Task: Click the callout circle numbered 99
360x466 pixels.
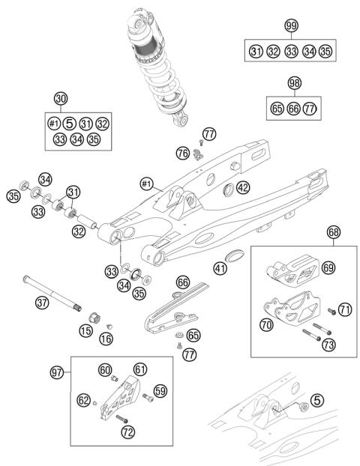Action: [291, 26]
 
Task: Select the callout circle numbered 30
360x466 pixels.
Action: [61, 98]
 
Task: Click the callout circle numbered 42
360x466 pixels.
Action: [243, 188]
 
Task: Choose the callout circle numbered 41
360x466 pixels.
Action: [219, 267]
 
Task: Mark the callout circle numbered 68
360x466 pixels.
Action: [333, 232]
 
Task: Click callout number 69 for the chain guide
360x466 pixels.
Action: [327, 267]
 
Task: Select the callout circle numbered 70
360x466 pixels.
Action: [267, 325]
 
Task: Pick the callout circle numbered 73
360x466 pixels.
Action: [328, 345]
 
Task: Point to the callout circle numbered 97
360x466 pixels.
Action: [56, 372]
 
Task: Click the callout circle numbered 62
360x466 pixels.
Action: [84, 401]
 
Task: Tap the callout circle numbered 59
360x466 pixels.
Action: [160, 390]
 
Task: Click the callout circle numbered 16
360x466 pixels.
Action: [106, 339]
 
